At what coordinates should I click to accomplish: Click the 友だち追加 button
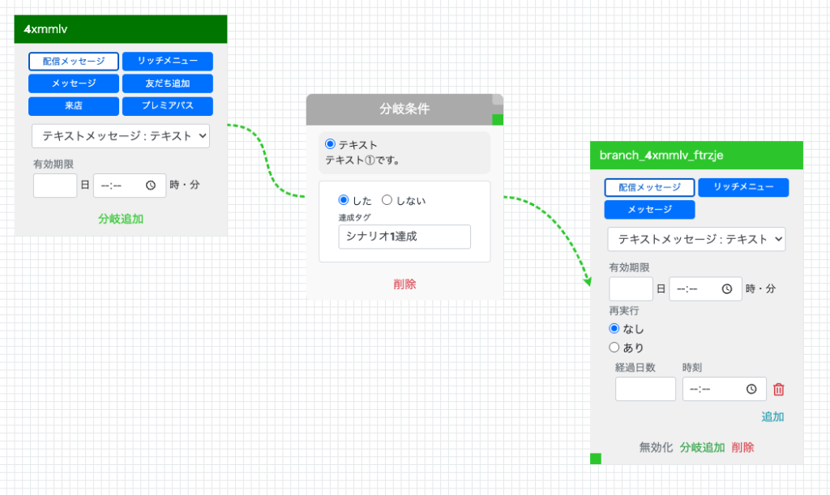point(167,83)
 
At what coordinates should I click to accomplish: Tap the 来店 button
point(74,106)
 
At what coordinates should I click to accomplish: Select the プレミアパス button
point(167,106)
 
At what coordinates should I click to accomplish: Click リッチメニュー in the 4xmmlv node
point(167,62)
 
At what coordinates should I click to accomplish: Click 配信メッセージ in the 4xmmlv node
point(74,62)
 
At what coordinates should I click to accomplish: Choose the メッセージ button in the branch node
point(649,209)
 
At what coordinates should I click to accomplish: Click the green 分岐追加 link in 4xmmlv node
point(121,219)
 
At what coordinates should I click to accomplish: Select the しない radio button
point(387,200)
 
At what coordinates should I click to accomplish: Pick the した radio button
point(344,200)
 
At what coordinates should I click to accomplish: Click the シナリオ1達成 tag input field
point(404,237)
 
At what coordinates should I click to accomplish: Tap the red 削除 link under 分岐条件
point(404,284)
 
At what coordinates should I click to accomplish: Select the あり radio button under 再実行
point(614,348)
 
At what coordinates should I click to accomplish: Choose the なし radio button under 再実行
point(614,328)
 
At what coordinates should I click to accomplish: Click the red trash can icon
point(779,390)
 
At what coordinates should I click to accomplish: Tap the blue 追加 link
point(772,416)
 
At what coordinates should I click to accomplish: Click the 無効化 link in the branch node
point(656,447)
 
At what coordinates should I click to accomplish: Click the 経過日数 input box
point(645,389)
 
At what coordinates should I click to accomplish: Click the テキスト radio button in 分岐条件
point(331,144)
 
